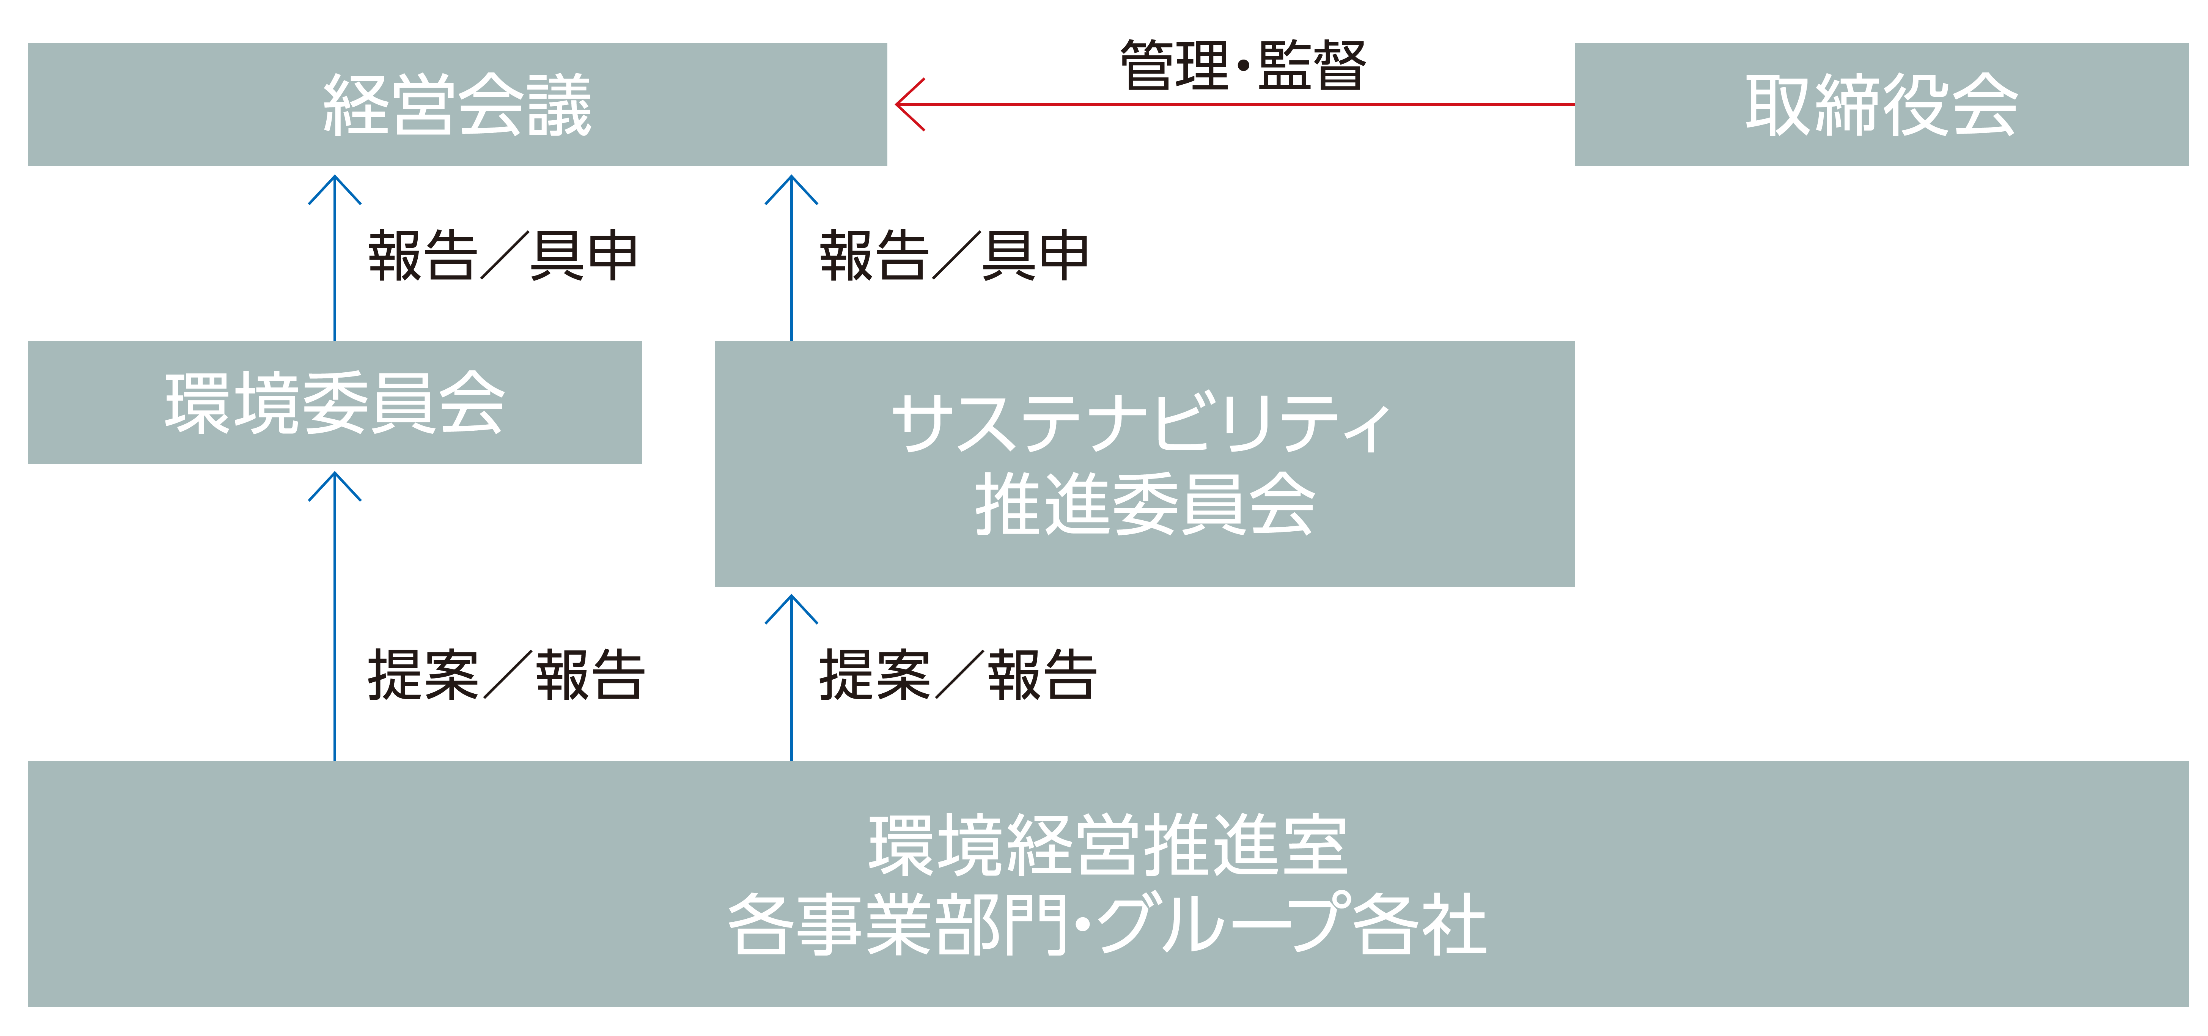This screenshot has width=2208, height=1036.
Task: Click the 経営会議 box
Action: pyautogui.click(x=457, y=105)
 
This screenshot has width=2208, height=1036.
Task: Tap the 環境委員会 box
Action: pyautogui.click(x=334, y=402)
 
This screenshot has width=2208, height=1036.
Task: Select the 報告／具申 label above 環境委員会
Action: pyautogui.click(x=503, y=255)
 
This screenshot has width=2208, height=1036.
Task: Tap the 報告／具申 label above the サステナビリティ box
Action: pyautogui.click(x=954, y=255)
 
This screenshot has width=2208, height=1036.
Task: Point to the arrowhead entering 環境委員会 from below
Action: pyautogui.click(x=334, y=480)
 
